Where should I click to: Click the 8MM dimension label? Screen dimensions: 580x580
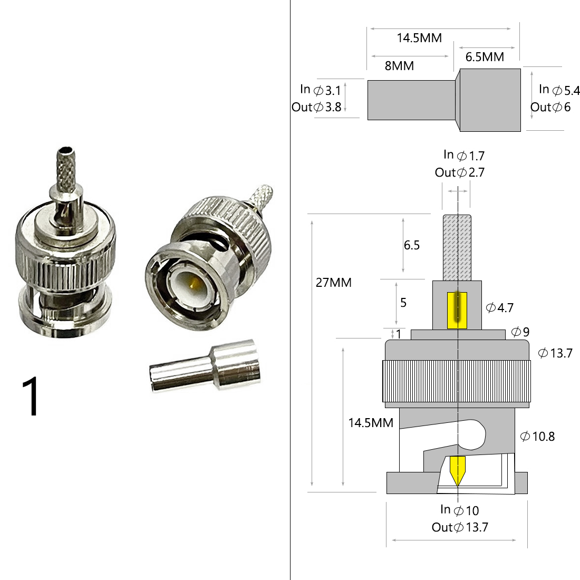point(399,66)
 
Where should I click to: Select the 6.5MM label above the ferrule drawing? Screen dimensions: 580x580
point(485,57)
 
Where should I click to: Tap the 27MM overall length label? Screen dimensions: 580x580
point(333,283)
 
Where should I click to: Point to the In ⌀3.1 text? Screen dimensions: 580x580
point(321,90)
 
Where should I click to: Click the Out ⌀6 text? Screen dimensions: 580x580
point(550,107)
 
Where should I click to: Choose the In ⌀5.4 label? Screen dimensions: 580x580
point(559,90)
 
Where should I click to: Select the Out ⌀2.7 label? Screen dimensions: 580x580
point(459,172)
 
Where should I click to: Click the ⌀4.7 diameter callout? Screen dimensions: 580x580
point(499,308)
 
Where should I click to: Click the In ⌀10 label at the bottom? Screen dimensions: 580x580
point(459,510)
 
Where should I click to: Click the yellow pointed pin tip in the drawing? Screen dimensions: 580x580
point(457,470)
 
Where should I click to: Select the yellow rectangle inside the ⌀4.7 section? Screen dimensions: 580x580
point(457,310)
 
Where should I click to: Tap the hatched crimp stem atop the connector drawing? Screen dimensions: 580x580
point(457,248)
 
